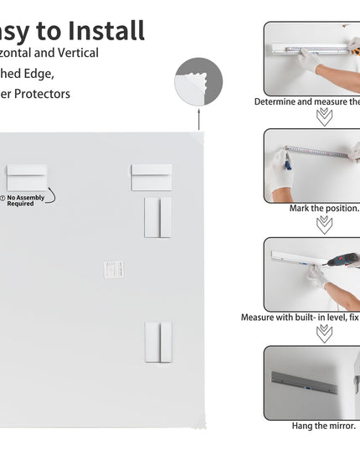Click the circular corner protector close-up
pyautogui.click(x=198, y=82)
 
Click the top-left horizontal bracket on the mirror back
pyautogui.click(x=27, y=178)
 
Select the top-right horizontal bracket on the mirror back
pyautogui.click(x=151, y=178)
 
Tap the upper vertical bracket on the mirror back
pyautogui.click(x=157, y=217)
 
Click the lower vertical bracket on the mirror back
pyautogui.click(x=157, y=342)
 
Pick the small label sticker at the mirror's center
pyautogui.click(x=114, y=269)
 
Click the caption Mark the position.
pyautogui.click(x=324, y=209)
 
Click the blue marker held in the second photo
pyautogui.click(x=287, y=162)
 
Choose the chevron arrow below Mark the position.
pyautogui.click(x=324, y=225)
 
